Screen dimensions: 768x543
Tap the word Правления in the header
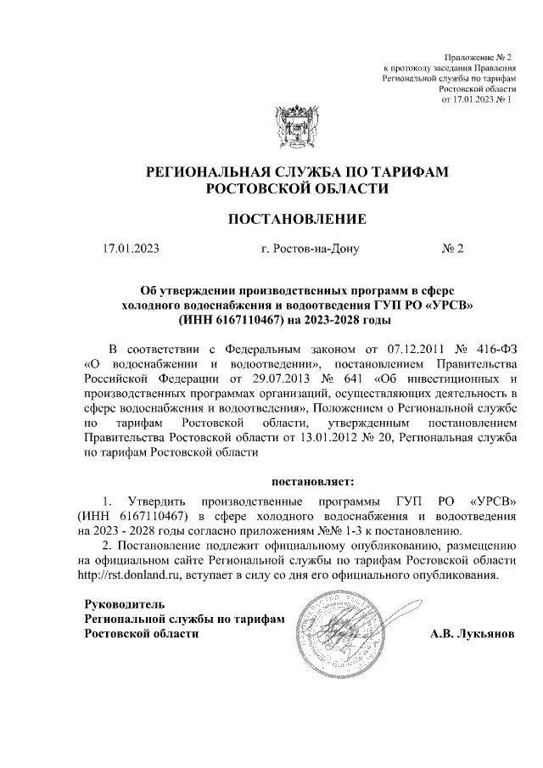[x=493, y=66]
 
